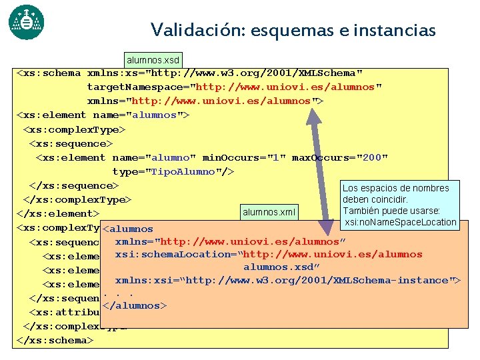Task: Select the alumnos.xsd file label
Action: (152, 61)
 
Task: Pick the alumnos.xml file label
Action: (269, 213)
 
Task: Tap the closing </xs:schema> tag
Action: (54, 340)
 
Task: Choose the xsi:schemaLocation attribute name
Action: (159, 254)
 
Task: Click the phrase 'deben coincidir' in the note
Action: (375, 199)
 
